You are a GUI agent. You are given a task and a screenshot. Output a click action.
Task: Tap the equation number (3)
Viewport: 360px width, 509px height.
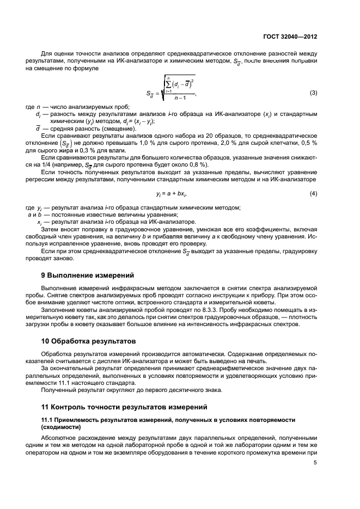click(x=313, y=93)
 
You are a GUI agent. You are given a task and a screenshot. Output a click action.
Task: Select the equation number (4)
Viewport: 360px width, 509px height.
click(x=313, y=194)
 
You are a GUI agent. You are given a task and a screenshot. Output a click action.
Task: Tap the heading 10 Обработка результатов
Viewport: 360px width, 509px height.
click(x=88, y=342)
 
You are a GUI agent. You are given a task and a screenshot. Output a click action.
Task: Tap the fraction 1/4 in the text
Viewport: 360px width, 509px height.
click(x=52, y=165)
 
